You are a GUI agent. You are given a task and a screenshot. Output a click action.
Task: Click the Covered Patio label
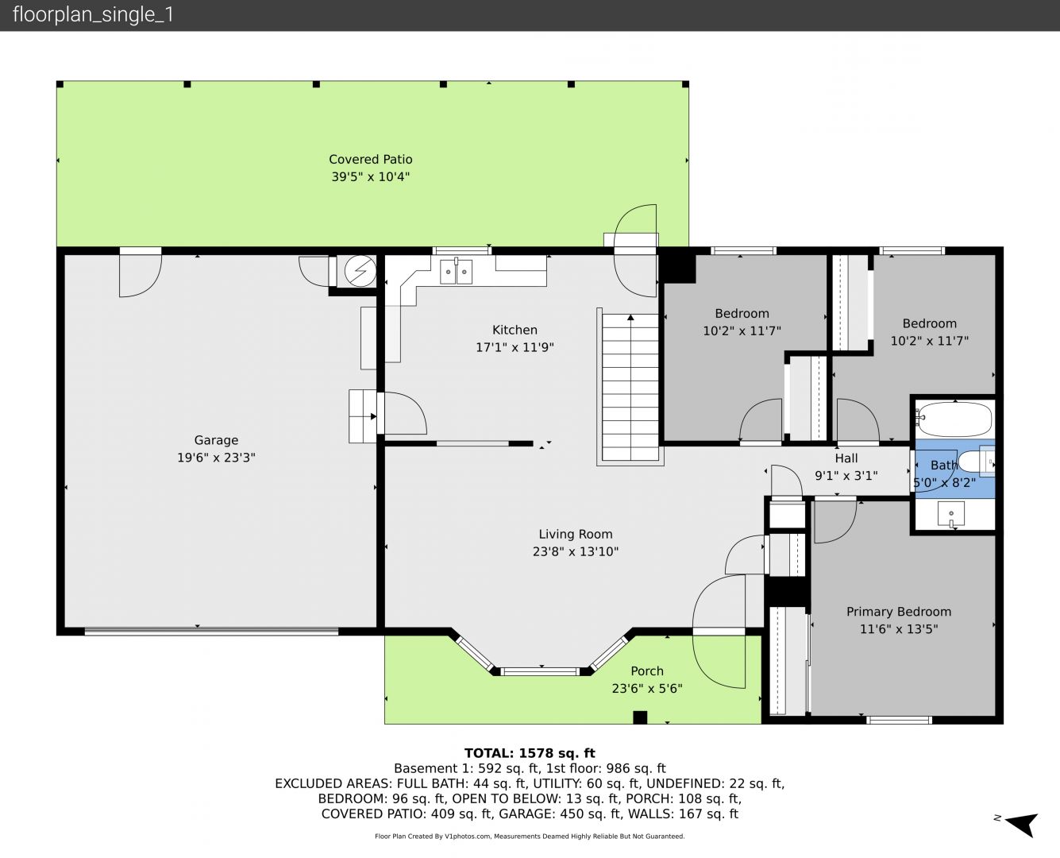point(370,160)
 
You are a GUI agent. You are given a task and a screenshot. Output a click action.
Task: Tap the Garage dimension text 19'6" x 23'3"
point(216,457)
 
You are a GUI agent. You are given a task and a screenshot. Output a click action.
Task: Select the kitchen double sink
point(456,272)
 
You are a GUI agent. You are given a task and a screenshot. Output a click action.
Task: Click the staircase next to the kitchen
point(630,388)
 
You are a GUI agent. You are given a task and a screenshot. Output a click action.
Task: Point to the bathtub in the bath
point(954,419)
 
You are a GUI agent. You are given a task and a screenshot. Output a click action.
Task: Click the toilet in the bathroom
point(975,462)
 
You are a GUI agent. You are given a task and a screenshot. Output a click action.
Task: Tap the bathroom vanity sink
point(951,514)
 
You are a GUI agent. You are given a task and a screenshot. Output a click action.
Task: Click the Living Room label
point(576,535)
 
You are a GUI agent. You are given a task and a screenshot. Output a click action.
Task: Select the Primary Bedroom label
point(899,612)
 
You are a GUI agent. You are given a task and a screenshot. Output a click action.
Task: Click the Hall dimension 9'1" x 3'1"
point(846,476)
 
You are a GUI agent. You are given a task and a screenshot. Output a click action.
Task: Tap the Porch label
point(647,671)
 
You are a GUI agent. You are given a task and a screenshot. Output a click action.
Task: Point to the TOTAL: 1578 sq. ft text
point(530,753)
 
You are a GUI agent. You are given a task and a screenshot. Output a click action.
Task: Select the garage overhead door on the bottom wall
point(211,632)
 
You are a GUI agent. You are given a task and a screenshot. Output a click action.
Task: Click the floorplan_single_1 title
point(93,15)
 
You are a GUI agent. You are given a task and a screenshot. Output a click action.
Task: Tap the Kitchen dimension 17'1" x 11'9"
point(515,347)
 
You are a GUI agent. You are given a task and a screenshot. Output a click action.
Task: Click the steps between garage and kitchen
point(362,416)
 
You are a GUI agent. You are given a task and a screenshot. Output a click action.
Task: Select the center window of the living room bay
point(540,671)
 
